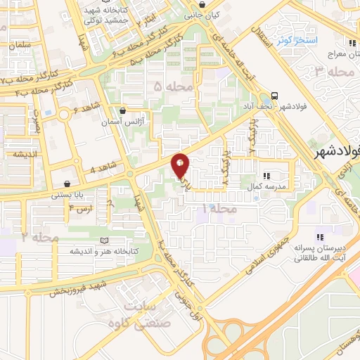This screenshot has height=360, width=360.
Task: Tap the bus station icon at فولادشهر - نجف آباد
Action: pyautogui.click(x=274, y=97)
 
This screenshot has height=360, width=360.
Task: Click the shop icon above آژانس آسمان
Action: pyautogui.click(x=124, y=110)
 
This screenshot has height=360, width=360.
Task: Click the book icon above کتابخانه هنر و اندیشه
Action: pyautogui.click(x=105, y=240)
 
